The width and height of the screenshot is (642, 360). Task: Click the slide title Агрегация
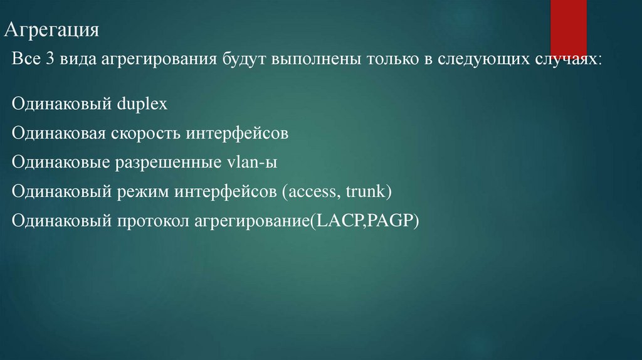click(x=53, y=31)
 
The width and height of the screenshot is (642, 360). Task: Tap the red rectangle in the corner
click(x=569, y=28)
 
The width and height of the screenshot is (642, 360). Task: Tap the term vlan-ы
click(x=250, y=162)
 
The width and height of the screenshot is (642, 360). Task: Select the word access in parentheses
click(x=310, y=191)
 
